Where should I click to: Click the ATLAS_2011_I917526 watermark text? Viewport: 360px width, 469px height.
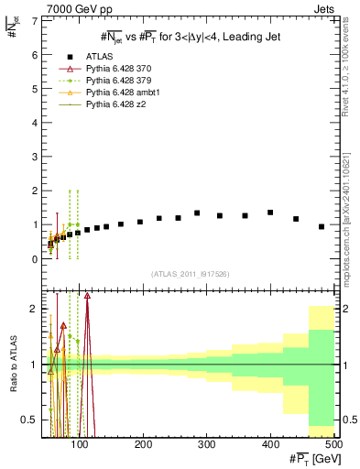coord(191,273)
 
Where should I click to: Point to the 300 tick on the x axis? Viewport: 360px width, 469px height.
coord(207,443)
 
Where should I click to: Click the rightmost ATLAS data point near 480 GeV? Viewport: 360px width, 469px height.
coord(322,226)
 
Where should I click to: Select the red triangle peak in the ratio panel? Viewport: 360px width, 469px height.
coord(87,295)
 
